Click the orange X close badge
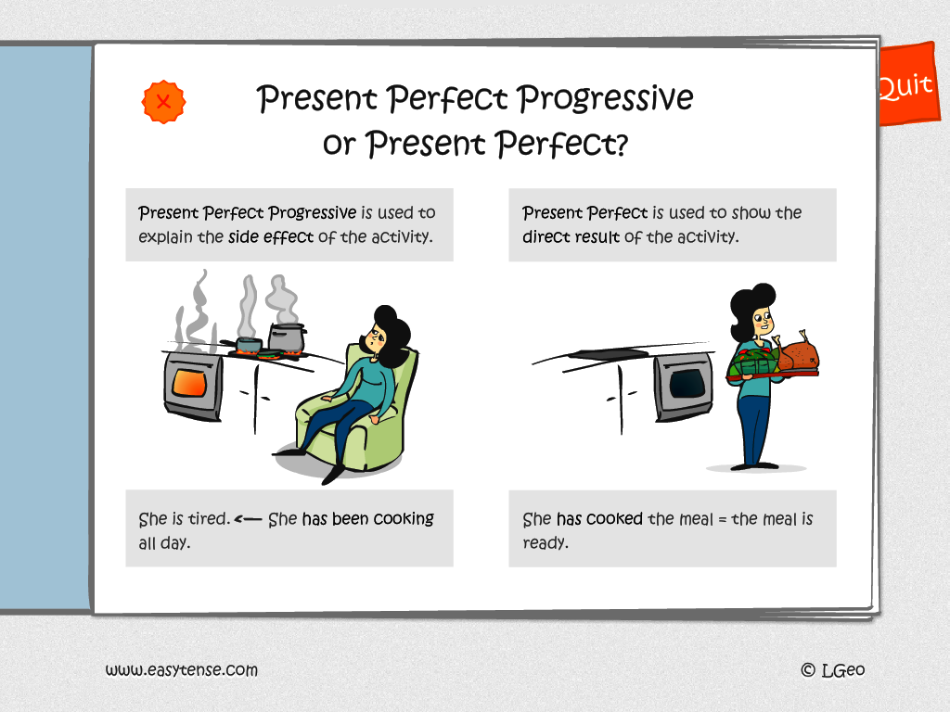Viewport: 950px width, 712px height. point(163,102)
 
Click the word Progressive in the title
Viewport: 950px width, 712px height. point(605,98)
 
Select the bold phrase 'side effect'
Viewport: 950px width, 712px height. point(271,236)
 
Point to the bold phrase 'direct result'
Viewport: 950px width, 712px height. point(571,236)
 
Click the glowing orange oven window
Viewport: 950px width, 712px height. point(189,384)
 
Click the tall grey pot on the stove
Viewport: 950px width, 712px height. point(286,337)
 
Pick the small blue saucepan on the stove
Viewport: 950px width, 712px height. point(249,345)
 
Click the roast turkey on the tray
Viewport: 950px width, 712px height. point(798,353)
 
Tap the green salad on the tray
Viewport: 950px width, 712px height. point(752,362)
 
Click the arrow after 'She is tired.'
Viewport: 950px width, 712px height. point(248,519)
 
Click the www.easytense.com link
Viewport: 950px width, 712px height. point(182,670)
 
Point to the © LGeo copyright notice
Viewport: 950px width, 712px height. point(833,670)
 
